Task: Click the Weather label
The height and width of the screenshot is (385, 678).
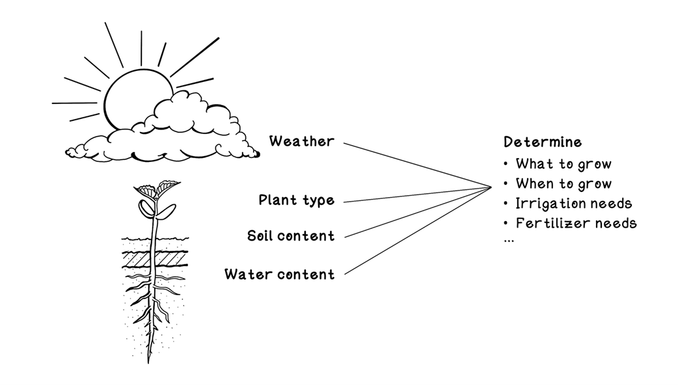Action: click(301, 141)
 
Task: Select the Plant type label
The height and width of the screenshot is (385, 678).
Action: click(296, 200)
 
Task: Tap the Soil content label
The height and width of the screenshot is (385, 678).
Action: click(291, 235)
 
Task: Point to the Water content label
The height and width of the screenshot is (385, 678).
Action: click(279, 274)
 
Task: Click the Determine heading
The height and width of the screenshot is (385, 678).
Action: click(543, 142)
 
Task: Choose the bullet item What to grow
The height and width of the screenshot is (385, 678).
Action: click(563, 164)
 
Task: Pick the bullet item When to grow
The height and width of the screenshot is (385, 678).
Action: click(563, 184)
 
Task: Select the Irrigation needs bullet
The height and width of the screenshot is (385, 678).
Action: click(573, 204)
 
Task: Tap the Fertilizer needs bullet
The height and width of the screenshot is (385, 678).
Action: click(576, 224)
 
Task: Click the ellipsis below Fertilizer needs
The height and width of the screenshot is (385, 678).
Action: click(509, 240)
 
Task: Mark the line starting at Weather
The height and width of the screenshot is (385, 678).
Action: click(416, 165)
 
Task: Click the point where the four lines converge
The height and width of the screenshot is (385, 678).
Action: click(491, 187)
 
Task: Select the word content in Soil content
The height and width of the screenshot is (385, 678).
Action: click(308, 235)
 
